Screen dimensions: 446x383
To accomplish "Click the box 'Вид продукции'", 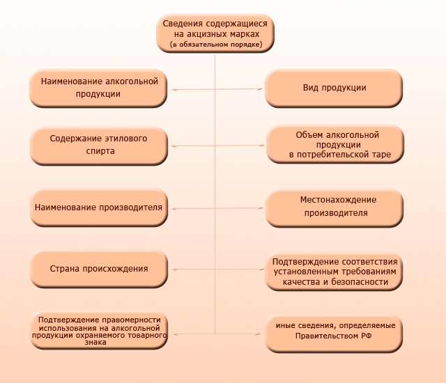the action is click(334, 88).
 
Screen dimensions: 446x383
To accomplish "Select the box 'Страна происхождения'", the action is click(99, 269).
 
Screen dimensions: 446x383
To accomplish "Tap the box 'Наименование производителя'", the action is click(99, 208).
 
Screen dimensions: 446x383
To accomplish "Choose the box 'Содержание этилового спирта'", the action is click(99, 146).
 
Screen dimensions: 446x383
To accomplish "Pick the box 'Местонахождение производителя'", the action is click(334, 208).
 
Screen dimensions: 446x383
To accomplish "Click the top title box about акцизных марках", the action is click(215, 33).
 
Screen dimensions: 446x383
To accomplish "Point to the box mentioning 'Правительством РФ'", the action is click(334, 334).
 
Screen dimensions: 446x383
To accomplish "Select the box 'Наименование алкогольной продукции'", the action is click(98, 88).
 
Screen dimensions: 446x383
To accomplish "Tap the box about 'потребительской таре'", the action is click(335, 144).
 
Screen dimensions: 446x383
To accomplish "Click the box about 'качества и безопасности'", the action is click(334, 272).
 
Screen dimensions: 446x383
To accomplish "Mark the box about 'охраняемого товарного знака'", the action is click(99, 331).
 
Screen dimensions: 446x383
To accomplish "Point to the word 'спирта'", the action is click(100, 151).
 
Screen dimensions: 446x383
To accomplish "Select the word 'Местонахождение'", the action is click(338, 200).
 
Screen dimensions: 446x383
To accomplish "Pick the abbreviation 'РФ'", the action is click(367, 336).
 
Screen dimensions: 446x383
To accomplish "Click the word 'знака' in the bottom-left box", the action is click(95, 342).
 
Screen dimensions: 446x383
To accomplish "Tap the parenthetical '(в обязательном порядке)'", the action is click(216, 45).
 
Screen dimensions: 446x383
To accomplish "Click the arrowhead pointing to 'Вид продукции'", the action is click(259, 89).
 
